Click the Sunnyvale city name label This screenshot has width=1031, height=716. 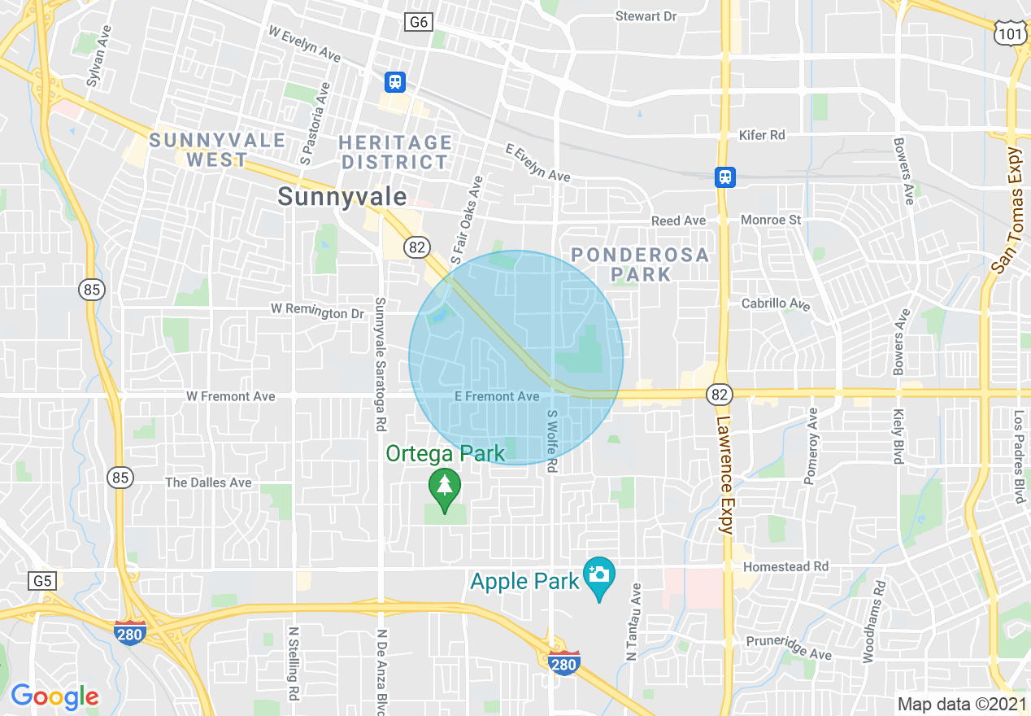[x=341, y=197]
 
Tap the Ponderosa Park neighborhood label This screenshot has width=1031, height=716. [x=640, y=264]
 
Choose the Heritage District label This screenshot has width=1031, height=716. [x=395, y=152]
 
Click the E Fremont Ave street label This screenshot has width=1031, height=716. [x=497, y=396]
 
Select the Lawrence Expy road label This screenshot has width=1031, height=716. [x=724, y=475]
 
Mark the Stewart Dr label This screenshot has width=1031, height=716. [x=646, y=16]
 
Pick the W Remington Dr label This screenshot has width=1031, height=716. [x=317, y=312]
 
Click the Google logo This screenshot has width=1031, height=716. [x=54, y=696]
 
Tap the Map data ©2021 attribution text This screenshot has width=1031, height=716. [x=959, y=704]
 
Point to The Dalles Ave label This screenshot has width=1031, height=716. [x=208, y=482]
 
